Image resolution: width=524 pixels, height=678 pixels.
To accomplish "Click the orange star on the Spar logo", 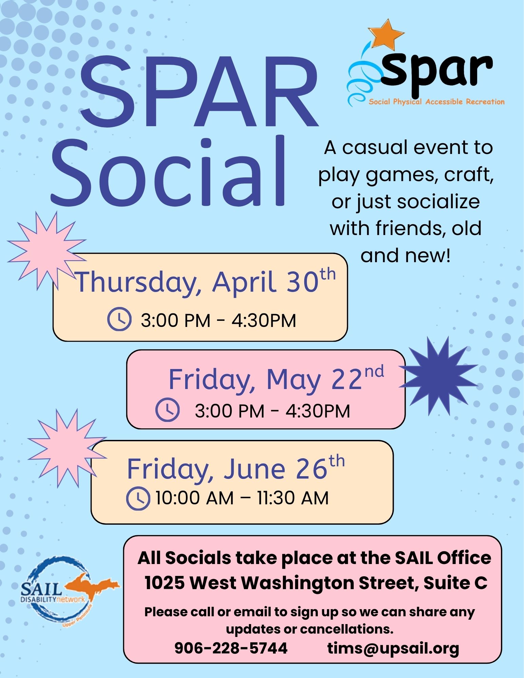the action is coord(386,34).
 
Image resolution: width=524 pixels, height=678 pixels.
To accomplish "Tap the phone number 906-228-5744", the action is coord(231,648).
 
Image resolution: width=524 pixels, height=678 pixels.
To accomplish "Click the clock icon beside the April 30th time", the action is coord(119,319).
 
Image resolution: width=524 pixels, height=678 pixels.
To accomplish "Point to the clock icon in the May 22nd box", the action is coord(168,410).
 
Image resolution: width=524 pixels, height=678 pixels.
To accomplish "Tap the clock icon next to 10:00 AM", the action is coord(138,499).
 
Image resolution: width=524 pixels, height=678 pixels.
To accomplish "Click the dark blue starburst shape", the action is coord(439,376).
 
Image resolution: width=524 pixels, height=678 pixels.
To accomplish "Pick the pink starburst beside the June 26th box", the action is coord(67,448).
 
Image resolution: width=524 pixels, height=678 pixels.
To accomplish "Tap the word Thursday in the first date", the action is coord(138,283).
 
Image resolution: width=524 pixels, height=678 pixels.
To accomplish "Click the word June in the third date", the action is coord(254,469).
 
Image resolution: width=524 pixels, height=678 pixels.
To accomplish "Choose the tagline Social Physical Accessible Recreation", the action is coord(437,102).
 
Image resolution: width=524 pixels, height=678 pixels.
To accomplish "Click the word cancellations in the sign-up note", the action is coord(347,629).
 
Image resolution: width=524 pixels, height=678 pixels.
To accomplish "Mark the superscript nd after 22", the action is coord(374,372).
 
